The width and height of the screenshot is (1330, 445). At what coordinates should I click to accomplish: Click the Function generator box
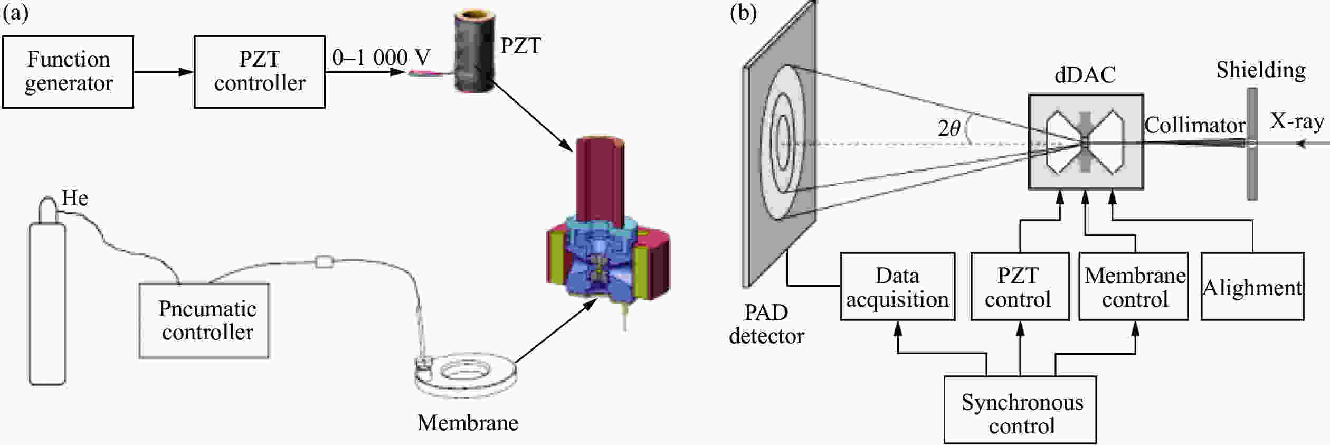point(68,72)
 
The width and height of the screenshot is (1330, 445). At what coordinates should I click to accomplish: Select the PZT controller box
point(259,72)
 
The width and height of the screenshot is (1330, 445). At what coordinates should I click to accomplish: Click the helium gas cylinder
point(47,301)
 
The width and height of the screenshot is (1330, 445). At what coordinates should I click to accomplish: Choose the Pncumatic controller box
point(204,321)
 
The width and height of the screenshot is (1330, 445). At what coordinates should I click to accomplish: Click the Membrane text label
point(468,423)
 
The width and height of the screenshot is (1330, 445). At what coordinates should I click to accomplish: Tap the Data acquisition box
point(897,287)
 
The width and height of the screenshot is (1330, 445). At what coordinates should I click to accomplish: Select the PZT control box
point(1020,287)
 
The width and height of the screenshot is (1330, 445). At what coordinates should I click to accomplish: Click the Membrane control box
point(1134,287)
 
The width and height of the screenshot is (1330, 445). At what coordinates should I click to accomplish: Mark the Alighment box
point(1252,287)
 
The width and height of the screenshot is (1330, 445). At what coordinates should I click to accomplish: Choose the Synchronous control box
point(1020,410)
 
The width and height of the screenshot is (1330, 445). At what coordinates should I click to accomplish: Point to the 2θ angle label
point(948,129)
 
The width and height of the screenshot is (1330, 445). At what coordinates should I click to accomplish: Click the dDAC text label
point(1085,75)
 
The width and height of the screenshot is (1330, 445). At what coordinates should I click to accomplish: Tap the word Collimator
point(1194,126)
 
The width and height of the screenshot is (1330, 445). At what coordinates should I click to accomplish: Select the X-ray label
point(1296,121)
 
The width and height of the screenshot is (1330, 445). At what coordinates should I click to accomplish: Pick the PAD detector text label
point(766,324)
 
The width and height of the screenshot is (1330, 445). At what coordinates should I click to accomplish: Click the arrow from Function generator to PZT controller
point(164,72)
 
